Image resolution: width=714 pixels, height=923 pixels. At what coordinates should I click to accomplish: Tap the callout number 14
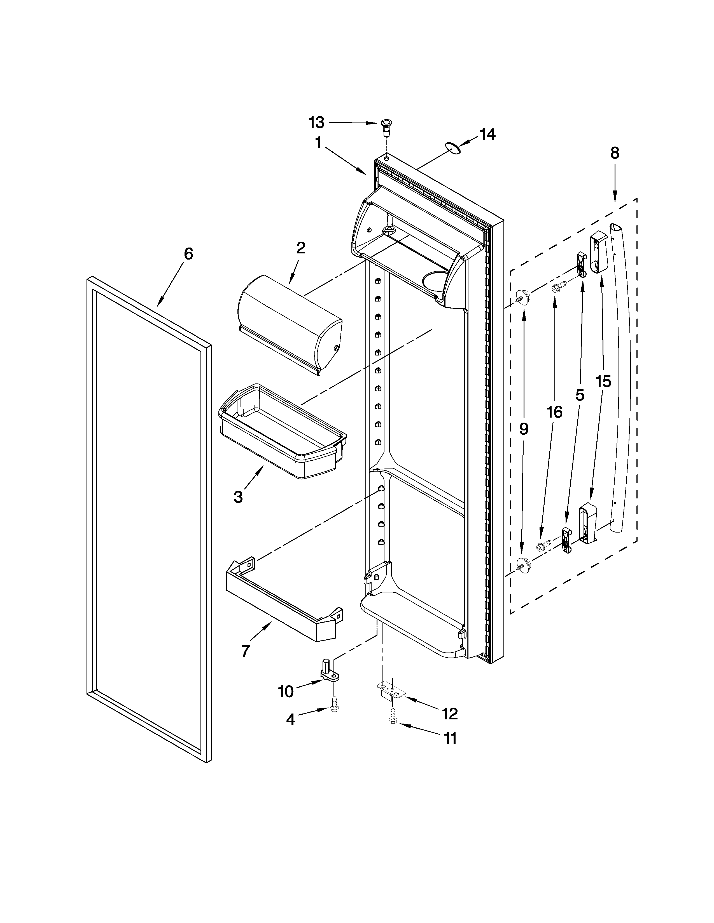(x=487, y=134)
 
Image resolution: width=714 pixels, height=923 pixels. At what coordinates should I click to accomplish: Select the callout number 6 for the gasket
(x=188, y=254)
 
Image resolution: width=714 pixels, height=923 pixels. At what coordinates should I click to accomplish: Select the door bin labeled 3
(x=283, y=431)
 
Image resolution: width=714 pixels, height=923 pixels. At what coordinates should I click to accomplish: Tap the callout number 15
(x=603, y=382)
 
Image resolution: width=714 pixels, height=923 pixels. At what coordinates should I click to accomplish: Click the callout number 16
(x=554, y=412)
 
